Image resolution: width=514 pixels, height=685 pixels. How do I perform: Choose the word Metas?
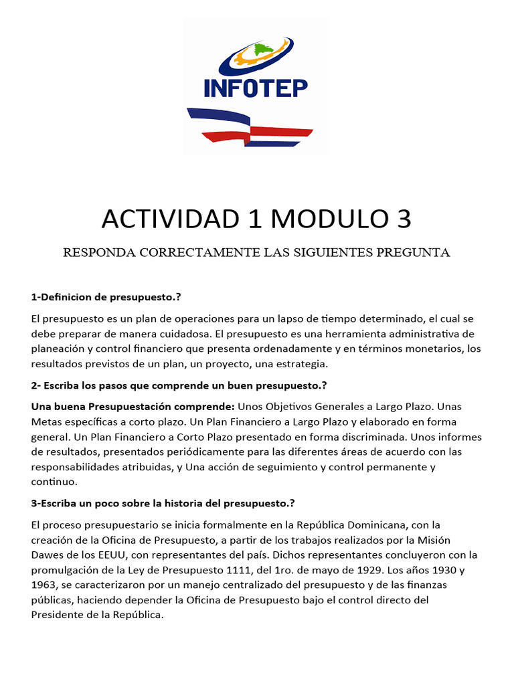pos(46,421)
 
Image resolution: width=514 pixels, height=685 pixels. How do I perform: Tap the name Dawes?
pos(48,555)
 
